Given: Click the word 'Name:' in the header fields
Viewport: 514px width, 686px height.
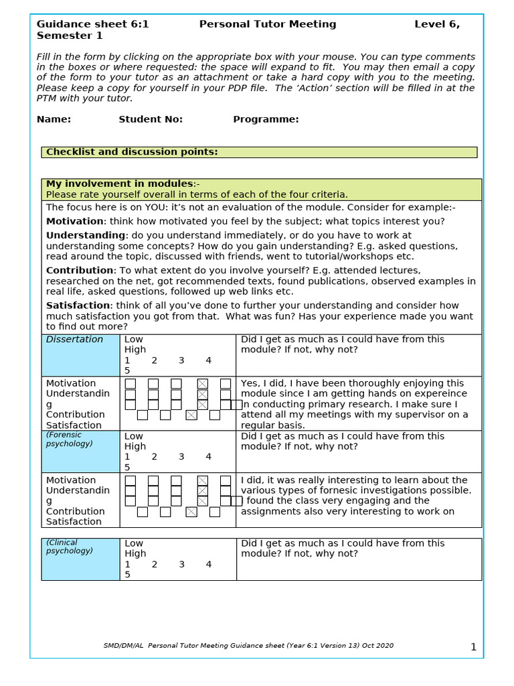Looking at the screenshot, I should point(54,119).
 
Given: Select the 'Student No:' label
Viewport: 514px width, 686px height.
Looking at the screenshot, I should point(151,119).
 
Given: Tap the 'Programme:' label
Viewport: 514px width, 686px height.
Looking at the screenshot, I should point(266,119).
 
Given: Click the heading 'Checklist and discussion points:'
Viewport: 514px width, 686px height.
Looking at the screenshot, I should point(132,152).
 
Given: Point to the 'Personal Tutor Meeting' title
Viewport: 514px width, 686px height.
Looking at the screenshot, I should point(268,24).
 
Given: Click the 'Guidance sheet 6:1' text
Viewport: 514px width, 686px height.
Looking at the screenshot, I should point(92,24).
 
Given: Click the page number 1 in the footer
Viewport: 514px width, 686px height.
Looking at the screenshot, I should point(473,647).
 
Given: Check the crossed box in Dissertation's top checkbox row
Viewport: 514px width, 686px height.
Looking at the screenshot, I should point(203,384).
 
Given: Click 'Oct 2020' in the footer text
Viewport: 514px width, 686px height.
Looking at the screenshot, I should point(377,646).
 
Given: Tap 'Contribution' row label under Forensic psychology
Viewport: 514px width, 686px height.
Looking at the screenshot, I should point(75,511).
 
